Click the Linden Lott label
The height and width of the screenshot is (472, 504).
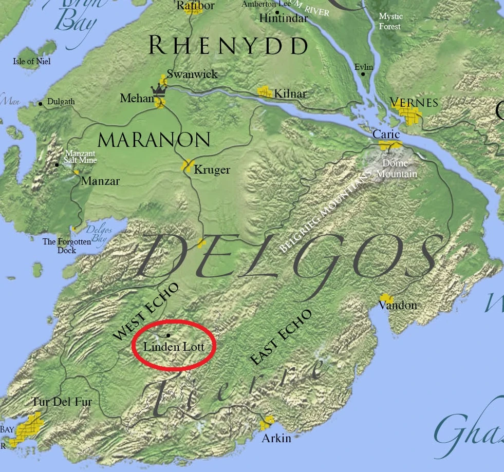click(x=174, y=347)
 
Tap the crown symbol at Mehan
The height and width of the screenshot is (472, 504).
click(x=160, y=90)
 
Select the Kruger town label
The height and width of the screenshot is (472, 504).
click(x=212, y=170)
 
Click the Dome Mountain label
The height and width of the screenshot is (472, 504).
click(x=396, y=169)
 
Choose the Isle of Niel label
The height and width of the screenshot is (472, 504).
click(x=32, y=62)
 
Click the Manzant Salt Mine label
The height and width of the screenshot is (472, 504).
click(x=81, y=157)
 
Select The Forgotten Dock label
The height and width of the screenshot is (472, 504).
click(x=66, y=246)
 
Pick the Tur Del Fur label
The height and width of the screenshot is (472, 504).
click(x=62, y=402)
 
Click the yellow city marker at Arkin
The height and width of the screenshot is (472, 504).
click(x=267, y=424)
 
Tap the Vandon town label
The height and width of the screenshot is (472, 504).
click(x=398, y=306)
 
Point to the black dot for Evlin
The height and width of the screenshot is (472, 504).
click(x=363, y=74)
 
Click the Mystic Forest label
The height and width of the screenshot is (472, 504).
click(x=390, y=22)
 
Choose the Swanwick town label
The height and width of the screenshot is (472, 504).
click(x=192, y=74)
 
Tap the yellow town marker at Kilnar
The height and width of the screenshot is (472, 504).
click(x=265, y=92)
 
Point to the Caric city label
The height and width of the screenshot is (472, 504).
click(x=386, y=134)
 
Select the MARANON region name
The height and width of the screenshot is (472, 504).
click(x=154, y=140)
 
